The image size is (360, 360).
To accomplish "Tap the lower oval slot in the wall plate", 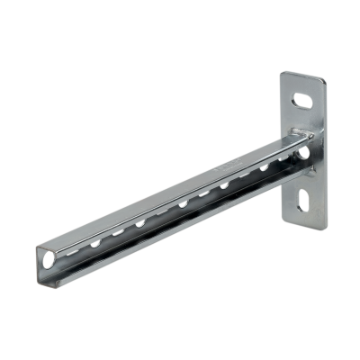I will [x=306, y=201].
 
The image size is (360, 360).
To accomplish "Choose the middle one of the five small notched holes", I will [x=182, y=208].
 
